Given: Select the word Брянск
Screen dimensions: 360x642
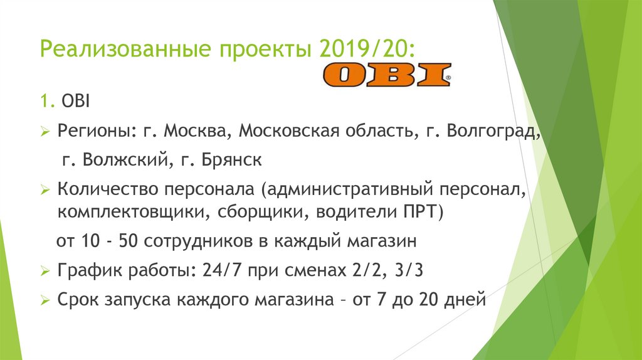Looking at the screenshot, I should (232, 160).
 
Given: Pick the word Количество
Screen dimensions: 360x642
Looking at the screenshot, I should (107, 189).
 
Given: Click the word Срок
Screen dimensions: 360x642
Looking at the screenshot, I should (76, 300).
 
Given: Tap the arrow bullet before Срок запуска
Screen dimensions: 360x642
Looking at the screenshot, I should (45, 300).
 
